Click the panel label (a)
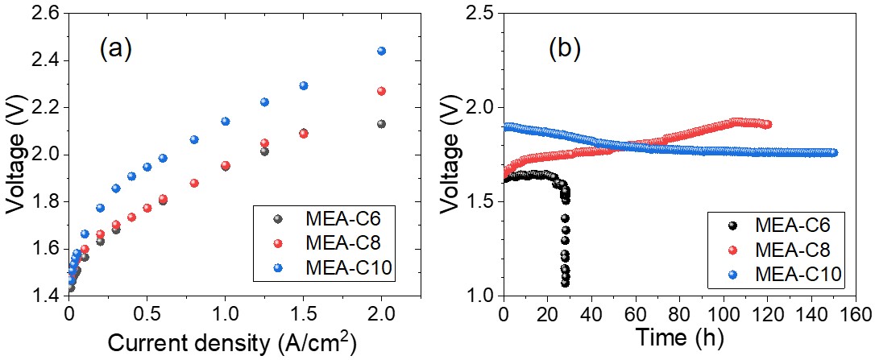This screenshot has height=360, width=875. coord(115,50)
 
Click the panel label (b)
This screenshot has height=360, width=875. coord(564,50)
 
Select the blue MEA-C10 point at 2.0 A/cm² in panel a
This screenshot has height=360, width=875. coord(382,51)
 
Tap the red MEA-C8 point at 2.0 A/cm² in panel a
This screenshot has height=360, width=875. coord(382,91)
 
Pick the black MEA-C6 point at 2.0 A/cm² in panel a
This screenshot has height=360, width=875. coord(382,124)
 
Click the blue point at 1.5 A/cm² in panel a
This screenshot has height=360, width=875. coord(304,85)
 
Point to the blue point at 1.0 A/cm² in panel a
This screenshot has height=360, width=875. coord(226,122)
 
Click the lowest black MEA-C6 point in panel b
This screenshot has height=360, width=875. coord(566,283)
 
